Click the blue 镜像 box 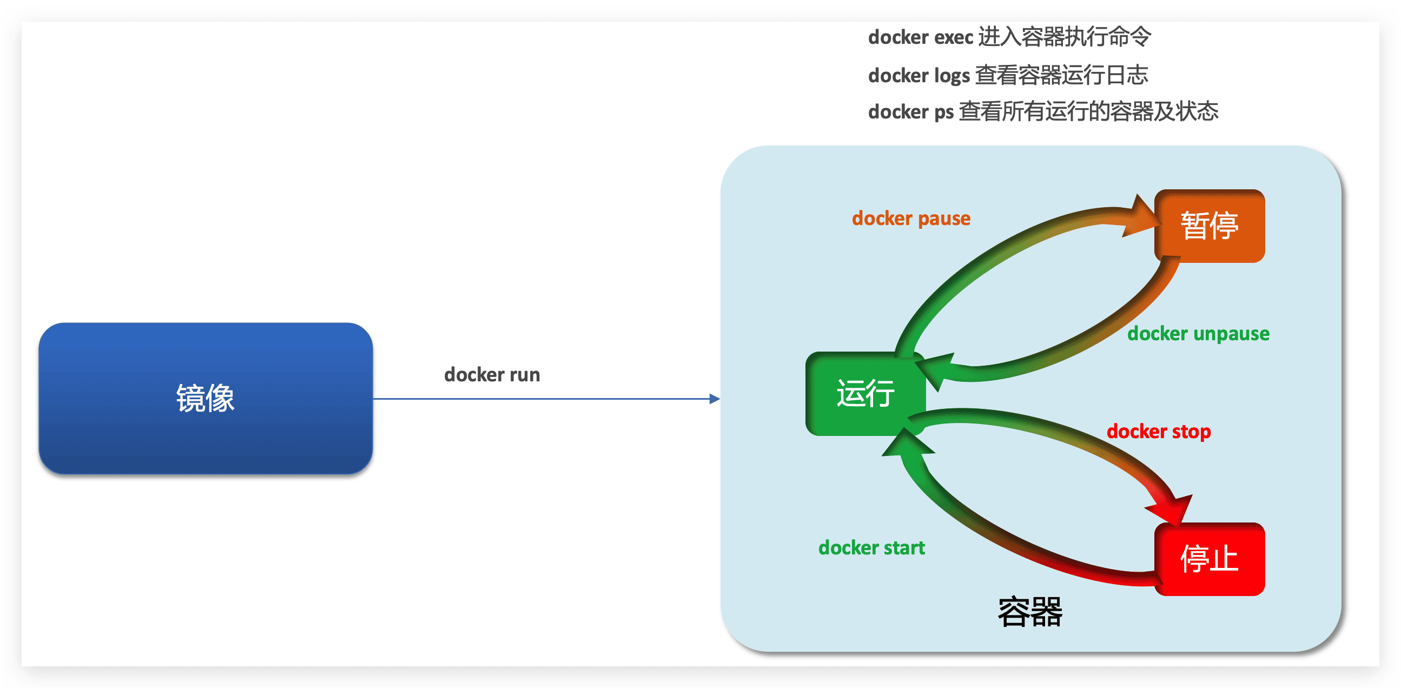pos(205,398)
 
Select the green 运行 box pos(865,393)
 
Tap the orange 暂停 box pos(1208,226)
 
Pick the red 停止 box pos(1208,559)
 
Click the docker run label pos(492,375)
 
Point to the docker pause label pos(910,218)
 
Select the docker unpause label pos(1198,333)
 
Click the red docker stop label pos(1159,431)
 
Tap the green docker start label pos(871,548)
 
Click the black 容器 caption pos(1029,612)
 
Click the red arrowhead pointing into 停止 pos(1172,508)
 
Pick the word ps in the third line pos(943,112)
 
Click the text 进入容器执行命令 pos(1065,37)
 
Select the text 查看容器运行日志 pos(1061,75)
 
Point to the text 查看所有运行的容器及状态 pos(1088,111)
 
